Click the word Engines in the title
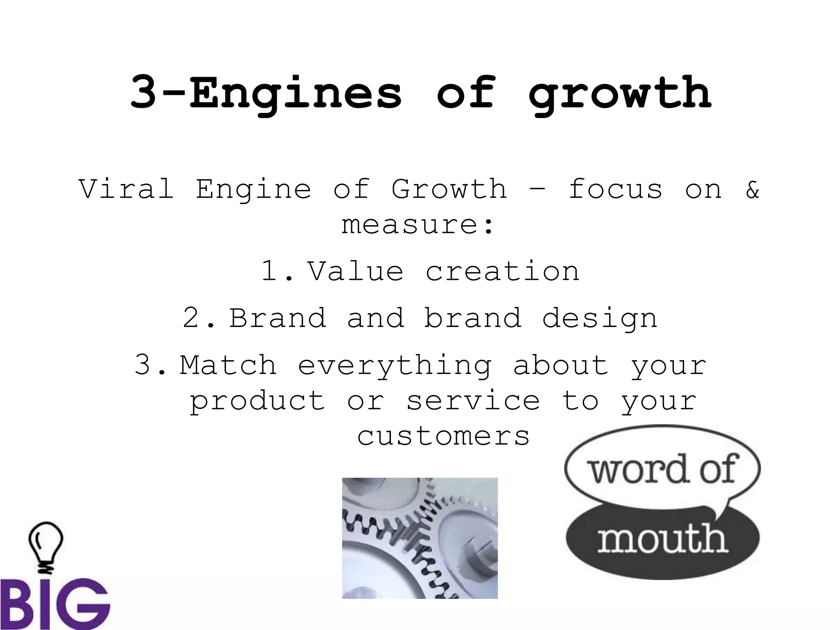295,94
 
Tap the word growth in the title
619,94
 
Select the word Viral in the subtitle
126,189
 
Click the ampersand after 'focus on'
753,190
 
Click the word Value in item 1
356,272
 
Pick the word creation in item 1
502,272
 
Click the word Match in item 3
228,365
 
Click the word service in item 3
473,401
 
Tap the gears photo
420,538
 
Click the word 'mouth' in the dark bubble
662,539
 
